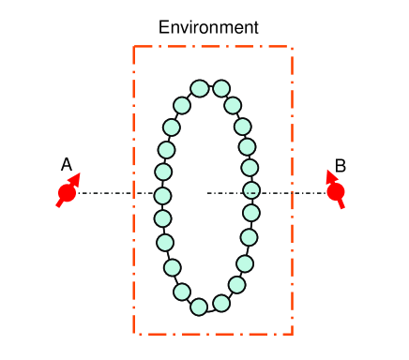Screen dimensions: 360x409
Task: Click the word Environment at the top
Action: click(x=207, y=27)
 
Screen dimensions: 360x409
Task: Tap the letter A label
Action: click(x=67, y=165)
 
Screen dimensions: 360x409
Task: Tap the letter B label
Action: click(x=341, y=166)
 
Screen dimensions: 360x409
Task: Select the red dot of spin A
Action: click(x=67, y=194)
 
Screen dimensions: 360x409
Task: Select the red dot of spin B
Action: click(x=336, y=192)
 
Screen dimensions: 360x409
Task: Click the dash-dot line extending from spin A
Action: click(x=113, y=194)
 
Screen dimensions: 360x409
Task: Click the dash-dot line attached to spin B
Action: click(x=281, y=194)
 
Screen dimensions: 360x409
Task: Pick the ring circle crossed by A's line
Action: click(x=162, y=196)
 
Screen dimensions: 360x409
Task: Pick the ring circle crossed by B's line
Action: click(x=251, y=190)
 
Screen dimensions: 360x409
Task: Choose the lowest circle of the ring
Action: click(x=199, y=307)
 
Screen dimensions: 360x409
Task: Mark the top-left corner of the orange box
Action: click(x=134, y=46)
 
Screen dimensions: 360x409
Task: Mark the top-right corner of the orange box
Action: click(x=293, y=46)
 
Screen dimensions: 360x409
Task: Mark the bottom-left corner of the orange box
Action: click(x=134, y=333)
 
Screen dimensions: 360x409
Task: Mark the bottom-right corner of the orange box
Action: click(x=293, y=333)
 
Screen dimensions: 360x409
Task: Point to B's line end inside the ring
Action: click(x=208, y=194)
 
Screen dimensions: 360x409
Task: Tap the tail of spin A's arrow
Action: click(x=59, y=205)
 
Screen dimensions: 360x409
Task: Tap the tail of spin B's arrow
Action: click(x=341, y=205)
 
